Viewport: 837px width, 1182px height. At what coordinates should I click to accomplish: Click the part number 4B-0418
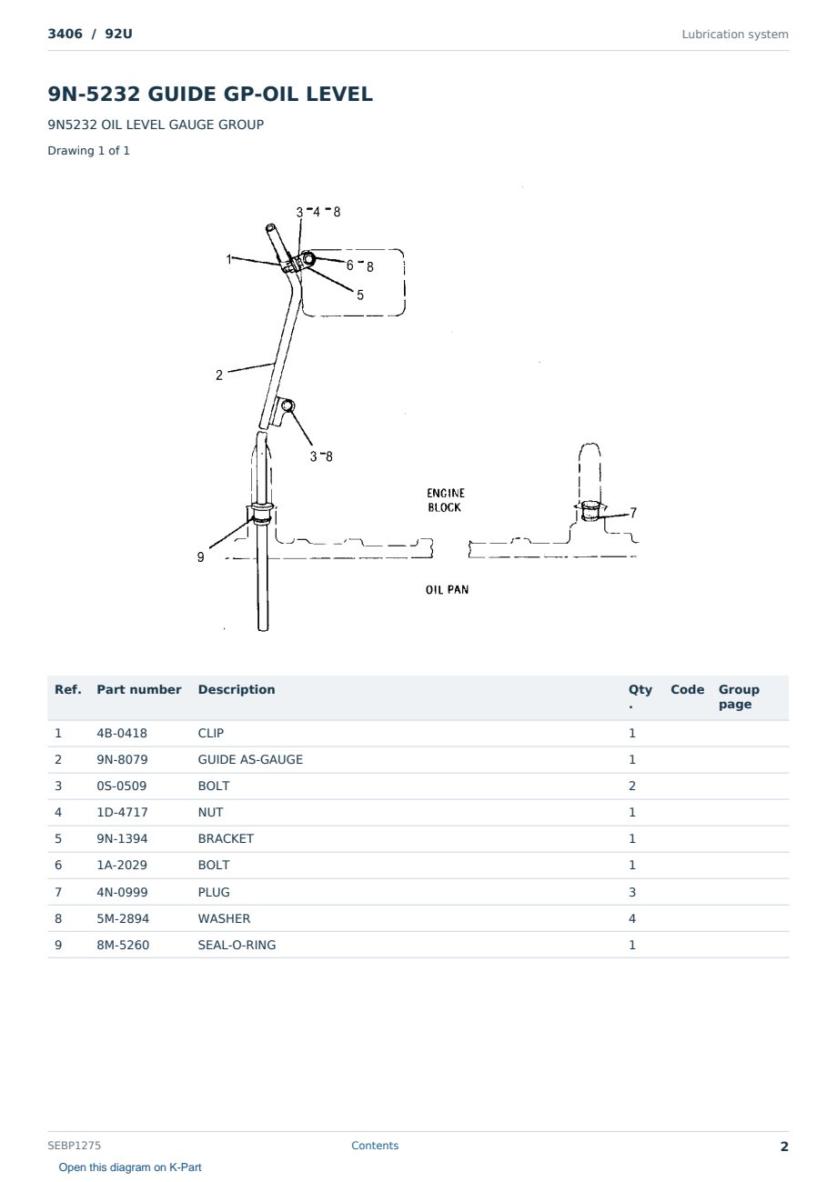[x=122, y=733]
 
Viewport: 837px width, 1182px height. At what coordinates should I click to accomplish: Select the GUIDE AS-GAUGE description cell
[x=250, y=759]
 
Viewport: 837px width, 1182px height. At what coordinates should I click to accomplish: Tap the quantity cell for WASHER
[x=632, y=918]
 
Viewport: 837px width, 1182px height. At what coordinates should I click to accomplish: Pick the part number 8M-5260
[x=123, y=945]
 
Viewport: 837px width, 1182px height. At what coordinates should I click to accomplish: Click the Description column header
[x=237, y=689]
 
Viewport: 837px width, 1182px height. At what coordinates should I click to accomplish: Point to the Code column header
[x=687, y=689]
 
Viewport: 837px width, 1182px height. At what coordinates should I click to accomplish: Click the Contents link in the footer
[x=375, y=1146]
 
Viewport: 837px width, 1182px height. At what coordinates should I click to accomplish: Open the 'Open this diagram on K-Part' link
[x=130, y=1167]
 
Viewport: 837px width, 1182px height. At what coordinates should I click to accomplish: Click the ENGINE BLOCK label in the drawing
[x=446, y=500]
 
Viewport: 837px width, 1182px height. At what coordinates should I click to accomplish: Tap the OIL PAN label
[x=448, y=589]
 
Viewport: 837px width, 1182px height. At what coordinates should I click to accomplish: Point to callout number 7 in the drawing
[x=633, y=513]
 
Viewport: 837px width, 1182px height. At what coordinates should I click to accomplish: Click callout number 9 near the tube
[x=201, y=556]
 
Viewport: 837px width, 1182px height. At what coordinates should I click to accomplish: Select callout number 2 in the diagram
[x=219, y=376]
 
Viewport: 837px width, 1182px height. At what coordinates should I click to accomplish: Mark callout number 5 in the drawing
[x=360, y=295]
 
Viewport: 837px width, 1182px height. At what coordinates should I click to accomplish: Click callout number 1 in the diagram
[x=228, y=259]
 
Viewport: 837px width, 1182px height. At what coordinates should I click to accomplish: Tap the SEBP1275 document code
[x=74, y=1146]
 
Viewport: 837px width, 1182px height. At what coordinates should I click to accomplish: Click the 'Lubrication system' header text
[x=735, y=35]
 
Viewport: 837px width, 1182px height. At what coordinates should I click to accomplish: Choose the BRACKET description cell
[x=226, y=838]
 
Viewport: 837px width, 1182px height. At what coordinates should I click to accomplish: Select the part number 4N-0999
[x=122, y=892]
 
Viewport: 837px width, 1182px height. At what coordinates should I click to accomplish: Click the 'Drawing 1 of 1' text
[x=89, y=150]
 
